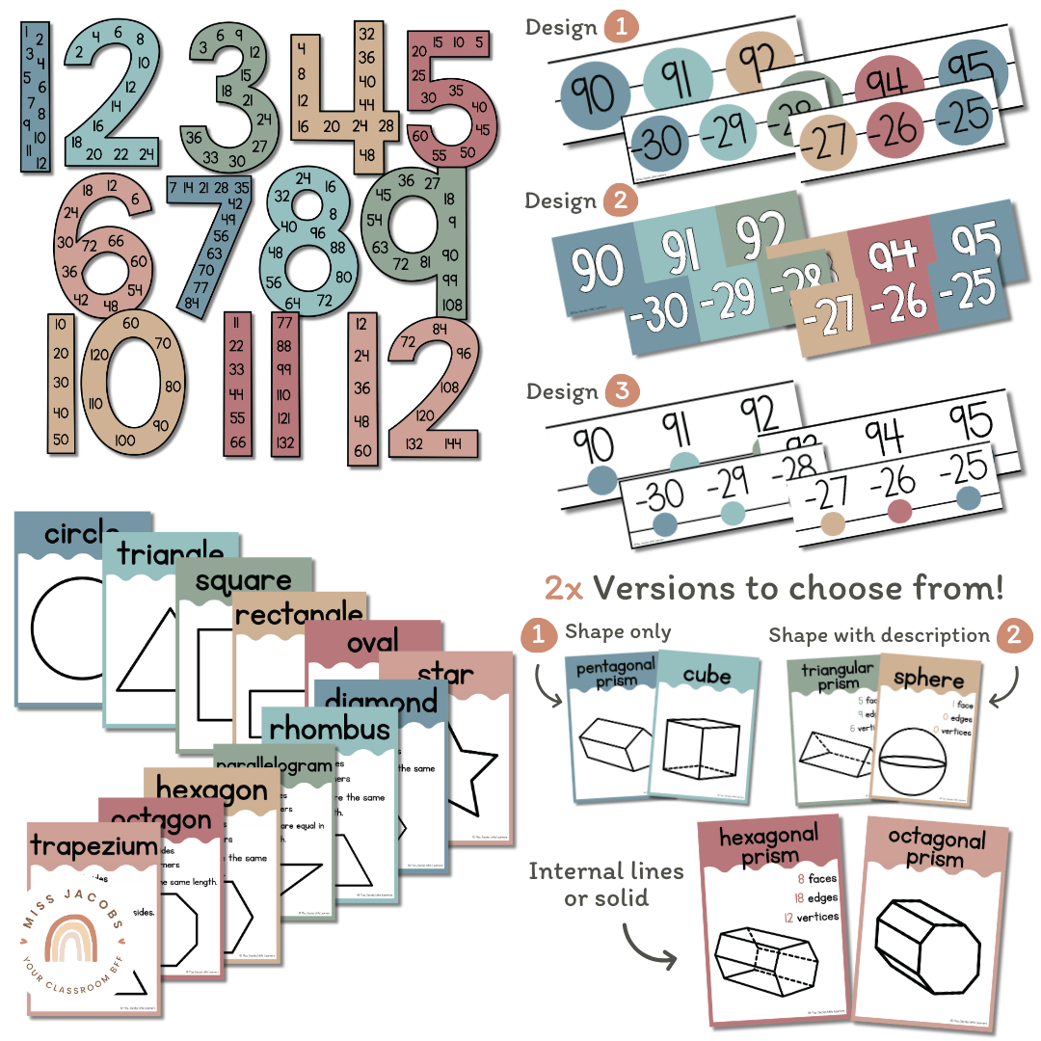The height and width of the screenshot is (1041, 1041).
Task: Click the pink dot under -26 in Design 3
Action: pyautogui.click(x=900, y=511)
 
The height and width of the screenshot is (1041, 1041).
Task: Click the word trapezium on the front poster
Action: pyautogui.click(x=93, y=846)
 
